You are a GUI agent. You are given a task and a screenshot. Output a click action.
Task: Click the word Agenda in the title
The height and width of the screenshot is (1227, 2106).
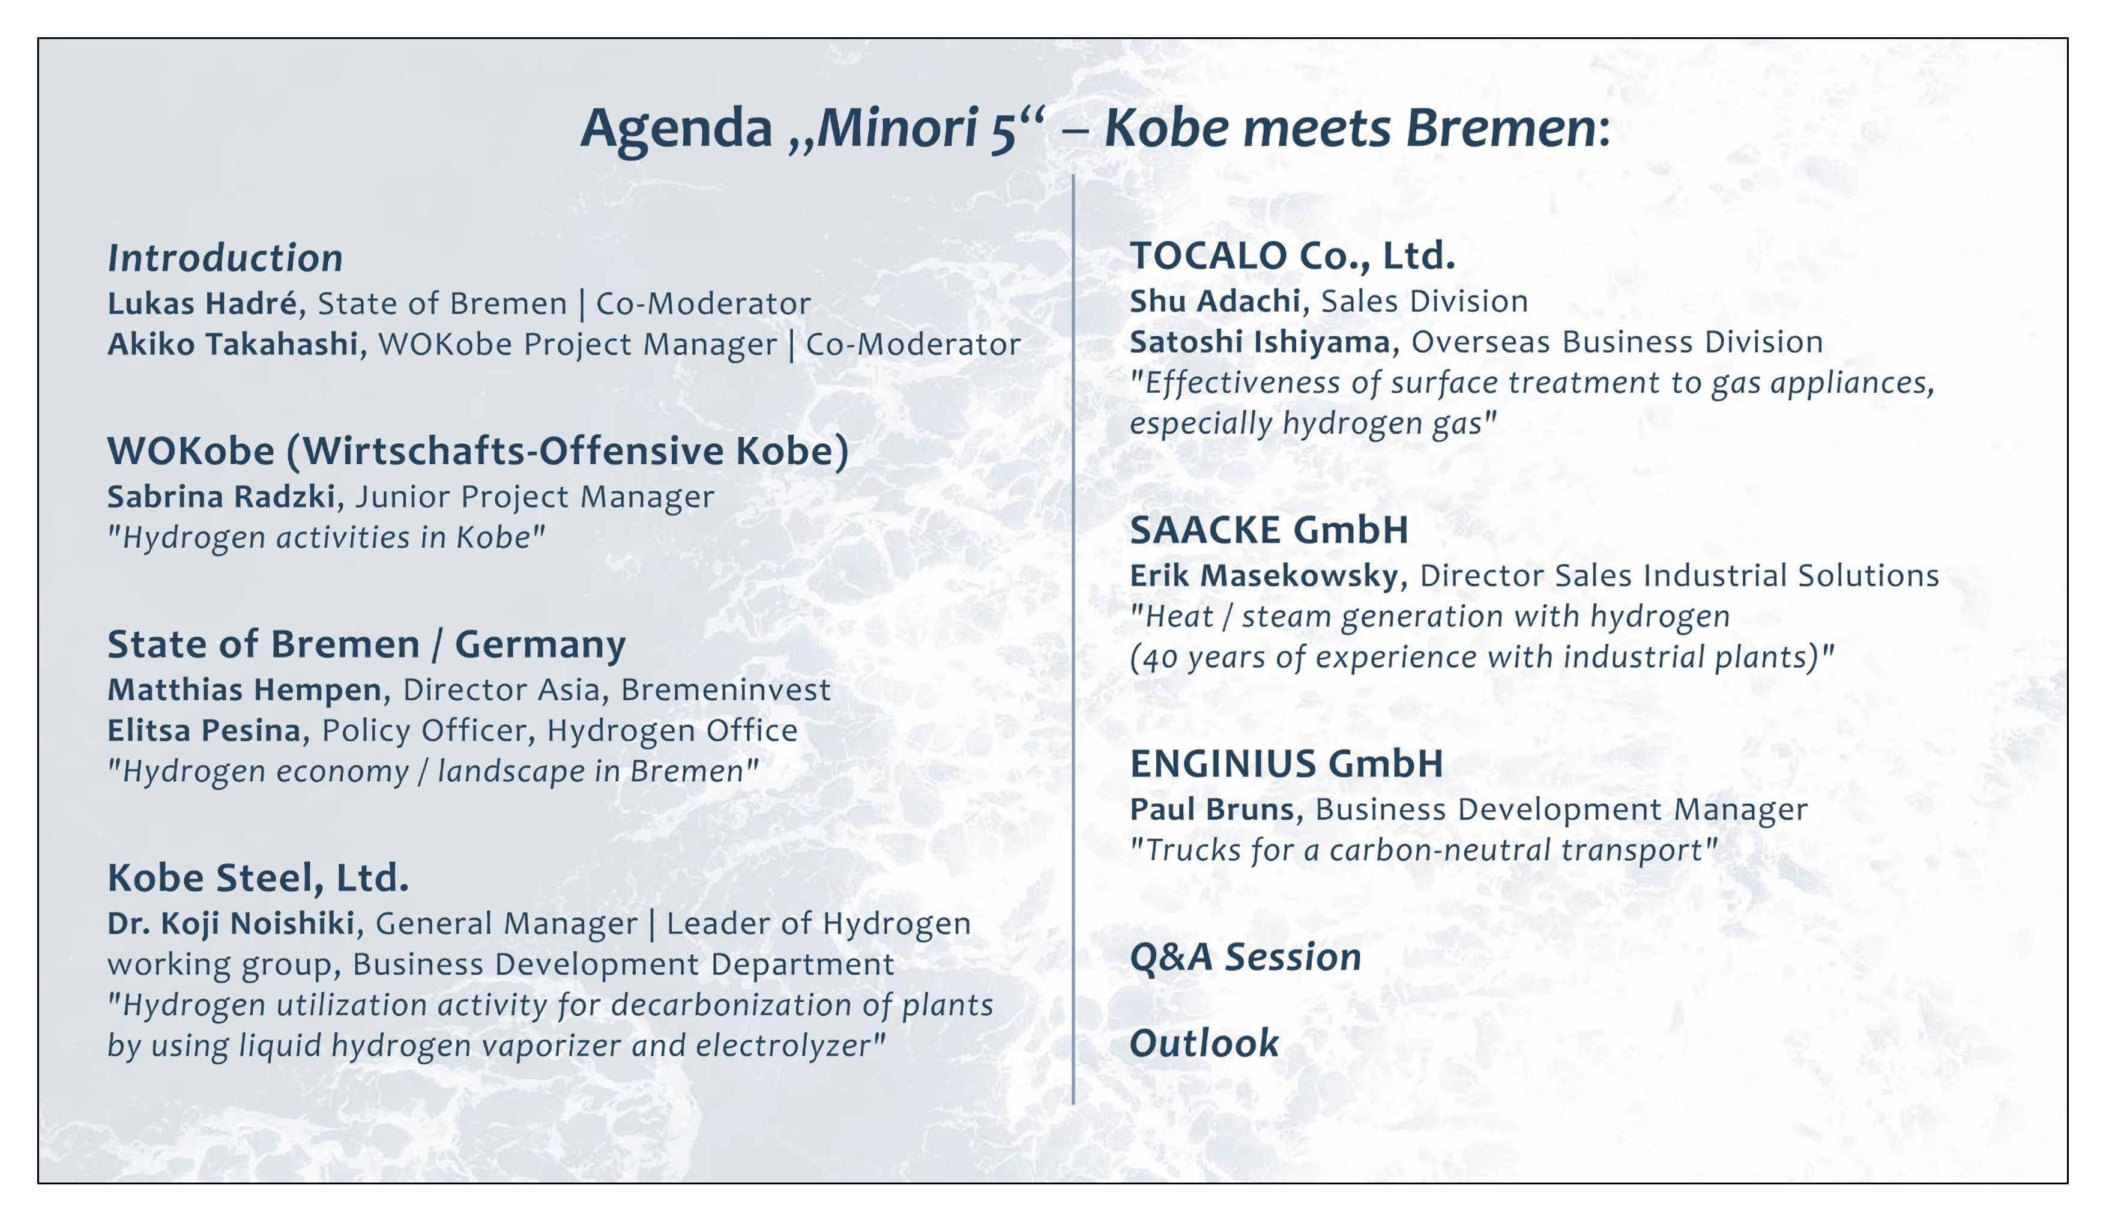[676, 130]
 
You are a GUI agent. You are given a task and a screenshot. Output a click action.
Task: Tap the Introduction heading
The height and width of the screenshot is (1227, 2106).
[225, 258]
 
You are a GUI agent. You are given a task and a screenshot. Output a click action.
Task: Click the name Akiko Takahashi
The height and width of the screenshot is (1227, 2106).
[232, 344]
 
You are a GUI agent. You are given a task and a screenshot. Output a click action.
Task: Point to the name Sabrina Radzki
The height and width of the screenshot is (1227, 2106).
[222, 497]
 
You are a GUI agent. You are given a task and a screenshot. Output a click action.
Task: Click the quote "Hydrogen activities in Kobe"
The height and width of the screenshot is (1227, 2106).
[326, 538]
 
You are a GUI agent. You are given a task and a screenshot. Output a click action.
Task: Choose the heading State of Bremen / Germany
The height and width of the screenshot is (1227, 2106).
[366, 644]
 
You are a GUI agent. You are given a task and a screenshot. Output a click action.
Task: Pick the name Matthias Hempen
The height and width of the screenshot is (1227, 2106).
[244, 689]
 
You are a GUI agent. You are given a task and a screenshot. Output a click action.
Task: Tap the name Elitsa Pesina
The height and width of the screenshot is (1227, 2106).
[204, 730]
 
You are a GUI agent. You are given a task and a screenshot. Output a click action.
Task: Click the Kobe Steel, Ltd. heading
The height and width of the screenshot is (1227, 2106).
[258, 877]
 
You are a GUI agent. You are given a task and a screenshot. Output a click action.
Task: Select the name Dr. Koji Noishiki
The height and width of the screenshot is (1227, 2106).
[231, 924]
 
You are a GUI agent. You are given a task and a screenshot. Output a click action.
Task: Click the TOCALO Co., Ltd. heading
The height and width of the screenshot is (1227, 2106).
[1292, 256]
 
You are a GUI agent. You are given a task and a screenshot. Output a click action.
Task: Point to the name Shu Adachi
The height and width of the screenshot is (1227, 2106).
[1215, 301]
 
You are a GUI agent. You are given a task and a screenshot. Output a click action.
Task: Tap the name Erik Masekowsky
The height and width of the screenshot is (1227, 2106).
[1264, 575]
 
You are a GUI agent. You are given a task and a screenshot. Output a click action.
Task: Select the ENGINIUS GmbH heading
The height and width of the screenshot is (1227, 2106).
[1286, 763]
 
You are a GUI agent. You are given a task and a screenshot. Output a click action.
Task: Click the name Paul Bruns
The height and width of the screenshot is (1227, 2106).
[1211, 809]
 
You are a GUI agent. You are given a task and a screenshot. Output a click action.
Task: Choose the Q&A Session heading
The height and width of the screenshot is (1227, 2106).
[1245, 957]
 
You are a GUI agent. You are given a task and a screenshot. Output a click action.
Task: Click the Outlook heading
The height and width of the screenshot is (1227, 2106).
[1204, 1043]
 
